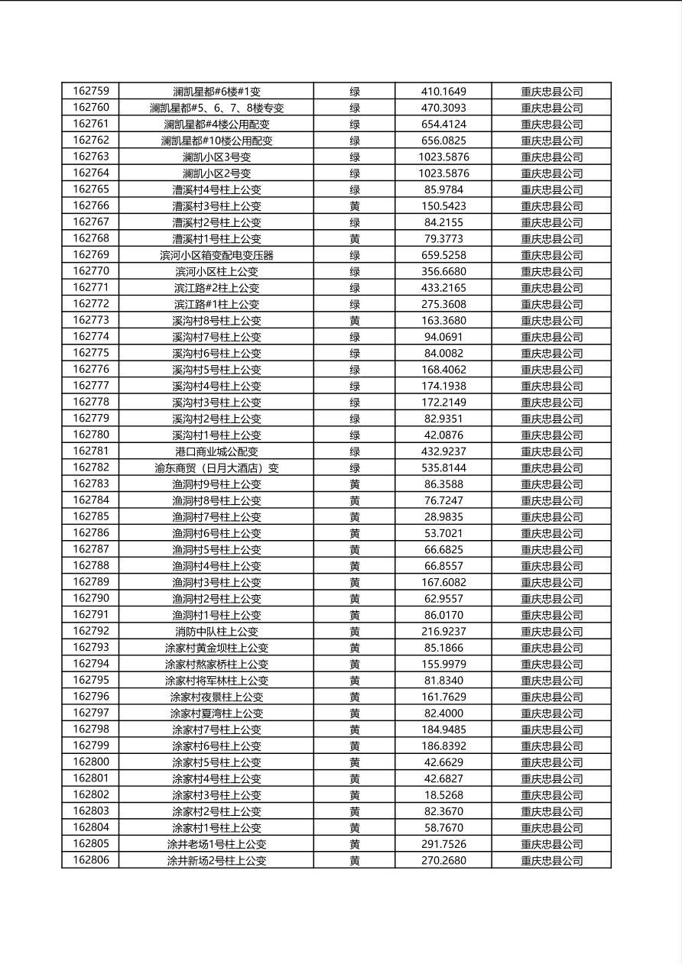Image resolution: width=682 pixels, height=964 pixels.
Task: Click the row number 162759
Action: click(91, 91)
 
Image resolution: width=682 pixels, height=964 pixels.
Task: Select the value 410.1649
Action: click(443, 92)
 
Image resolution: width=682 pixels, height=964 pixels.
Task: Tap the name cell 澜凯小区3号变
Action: click(216, 157)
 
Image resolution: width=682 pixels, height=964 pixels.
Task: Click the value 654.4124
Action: click(443, 124)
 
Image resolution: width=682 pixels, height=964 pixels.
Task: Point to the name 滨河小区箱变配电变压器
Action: click(216, 255)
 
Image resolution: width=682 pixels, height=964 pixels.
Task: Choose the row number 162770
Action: click(91, 271)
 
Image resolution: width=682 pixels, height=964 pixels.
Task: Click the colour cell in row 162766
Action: click(355, 206)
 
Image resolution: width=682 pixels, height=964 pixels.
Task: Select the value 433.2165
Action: click(443, 288)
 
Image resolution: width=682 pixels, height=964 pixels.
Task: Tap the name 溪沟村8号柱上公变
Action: click(216, 321)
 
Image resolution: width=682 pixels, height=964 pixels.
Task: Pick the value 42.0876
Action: click(443, 435)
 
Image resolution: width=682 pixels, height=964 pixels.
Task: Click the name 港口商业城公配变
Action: click(216, 451)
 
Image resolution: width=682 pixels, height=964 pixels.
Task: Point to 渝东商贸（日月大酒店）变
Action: click(216, 467)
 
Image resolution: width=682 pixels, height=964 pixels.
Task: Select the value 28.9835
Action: click(443, 516)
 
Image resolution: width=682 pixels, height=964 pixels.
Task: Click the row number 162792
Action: click(91, 631)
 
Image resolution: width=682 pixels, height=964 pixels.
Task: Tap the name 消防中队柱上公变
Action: click(216, 632)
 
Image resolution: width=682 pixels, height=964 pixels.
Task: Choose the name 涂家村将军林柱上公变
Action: click(216, 681)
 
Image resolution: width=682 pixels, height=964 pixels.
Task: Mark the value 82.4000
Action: click(443, 713)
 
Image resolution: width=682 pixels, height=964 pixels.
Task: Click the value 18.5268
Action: click(443, 795)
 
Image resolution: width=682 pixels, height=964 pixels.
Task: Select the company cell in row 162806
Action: click(551, 860)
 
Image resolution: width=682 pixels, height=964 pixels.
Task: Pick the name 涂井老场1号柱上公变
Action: click(216, 844)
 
